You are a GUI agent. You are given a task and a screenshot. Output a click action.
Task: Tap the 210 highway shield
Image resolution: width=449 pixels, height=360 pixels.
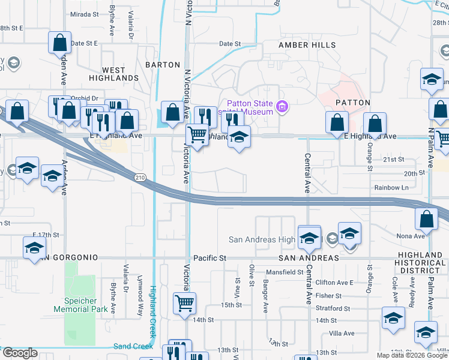(139, 178)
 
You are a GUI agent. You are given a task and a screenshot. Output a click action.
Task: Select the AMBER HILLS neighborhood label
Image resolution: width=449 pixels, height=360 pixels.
(303, 45)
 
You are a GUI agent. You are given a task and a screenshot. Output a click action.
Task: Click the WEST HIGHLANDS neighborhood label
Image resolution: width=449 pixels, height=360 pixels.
(113, 74)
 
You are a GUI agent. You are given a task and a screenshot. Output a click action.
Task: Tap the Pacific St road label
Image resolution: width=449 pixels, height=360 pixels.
(209, 257)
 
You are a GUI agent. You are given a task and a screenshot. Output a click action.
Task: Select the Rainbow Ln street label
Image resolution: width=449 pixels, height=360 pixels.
(391, 187)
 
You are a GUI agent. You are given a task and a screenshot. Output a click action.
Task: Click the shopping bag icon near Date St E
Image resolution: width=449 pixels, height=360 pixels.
(60, 42)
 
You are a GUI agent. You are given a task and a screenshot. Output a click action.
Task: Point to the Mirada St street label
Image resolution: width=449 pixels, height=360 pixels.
(84, 14)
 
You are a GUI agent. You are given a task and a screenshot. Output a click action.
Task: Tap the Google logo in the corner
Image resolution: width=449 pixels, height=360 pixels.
(20, 353)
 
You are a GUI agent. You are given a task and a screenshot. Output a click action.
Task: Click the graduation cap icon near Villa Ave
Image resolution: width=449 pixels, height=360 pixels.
(394, 318)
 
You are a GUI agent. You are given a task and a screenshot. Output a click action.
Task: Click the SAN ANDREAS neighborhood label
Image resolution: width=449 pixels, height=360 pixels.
(309, 257)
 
